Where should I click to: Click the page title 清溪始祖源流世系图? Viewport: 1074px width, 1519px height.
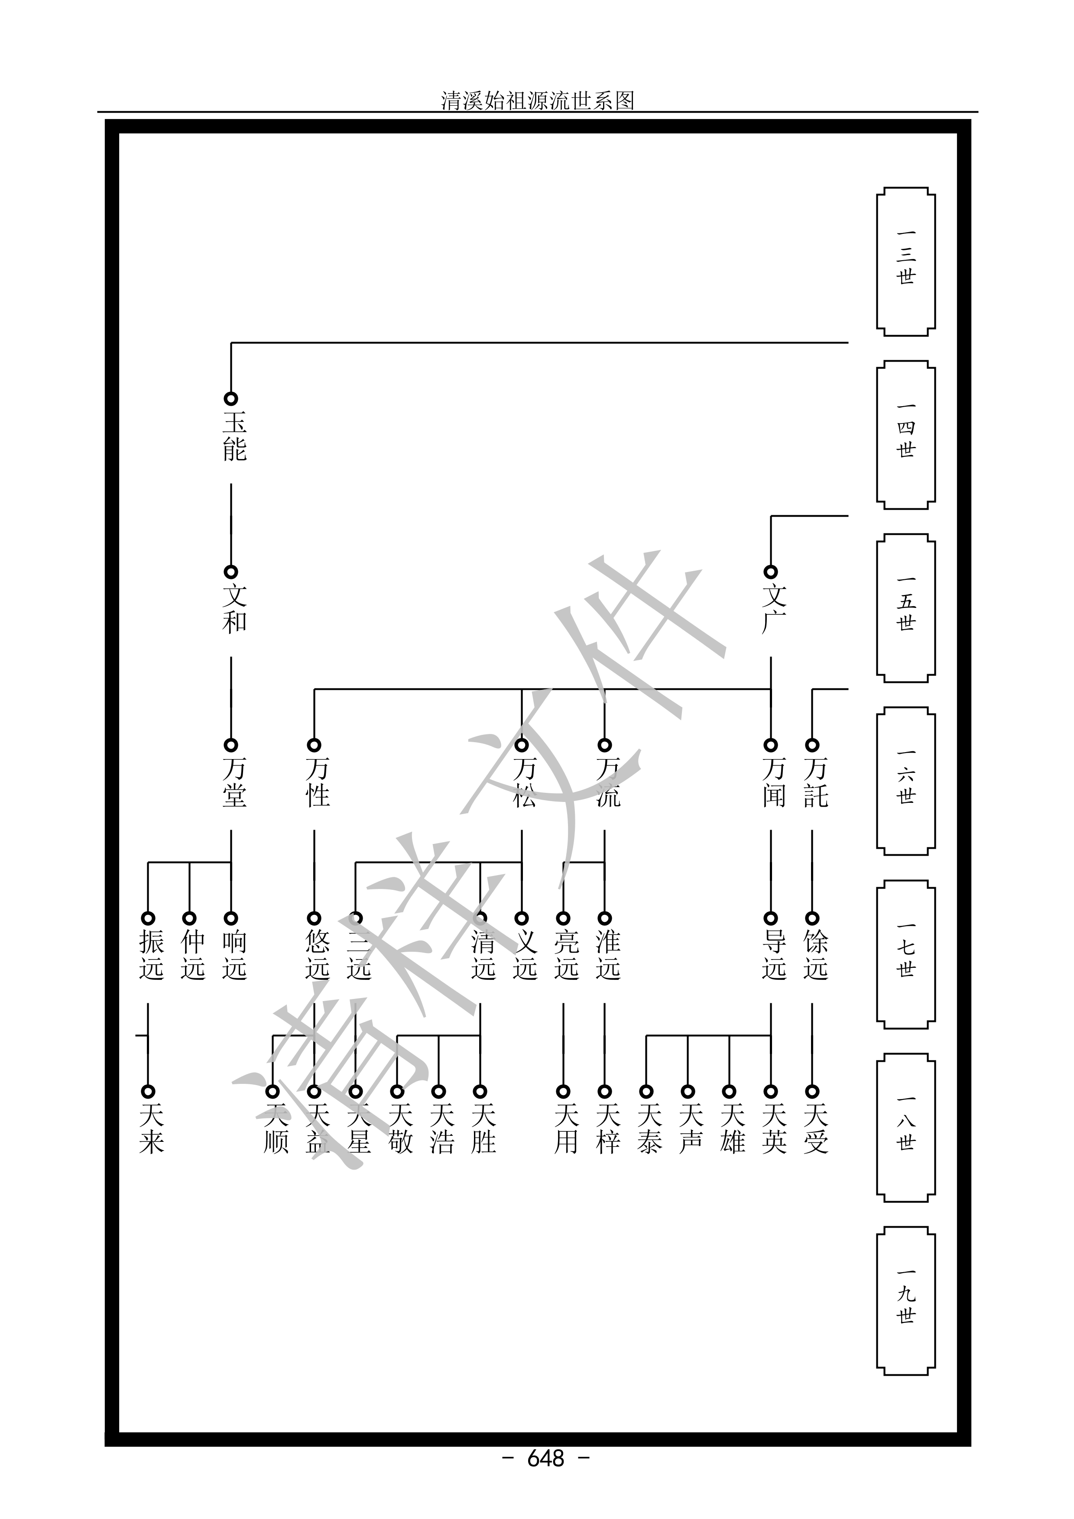point(537,100)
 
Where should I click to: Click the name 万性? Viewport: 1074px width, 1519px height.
point(318,782)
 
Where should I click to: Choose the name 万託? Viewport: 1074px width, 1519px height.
point(815,782)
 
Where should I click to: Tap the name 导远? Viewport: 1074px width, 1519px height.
point(774,955)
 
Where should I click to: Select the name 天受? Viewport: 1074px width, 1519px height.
point(815,1129)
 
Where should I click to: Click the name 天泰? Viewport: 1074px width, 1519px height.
point(649,1129)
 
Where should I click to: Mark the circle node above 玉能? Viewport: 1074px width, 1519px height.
point(231,399)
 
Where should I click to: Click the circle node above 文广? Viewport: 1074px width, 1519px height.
point(770,572)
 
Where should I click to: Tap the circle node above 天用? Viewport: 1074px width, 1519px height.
point(563,1092)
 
